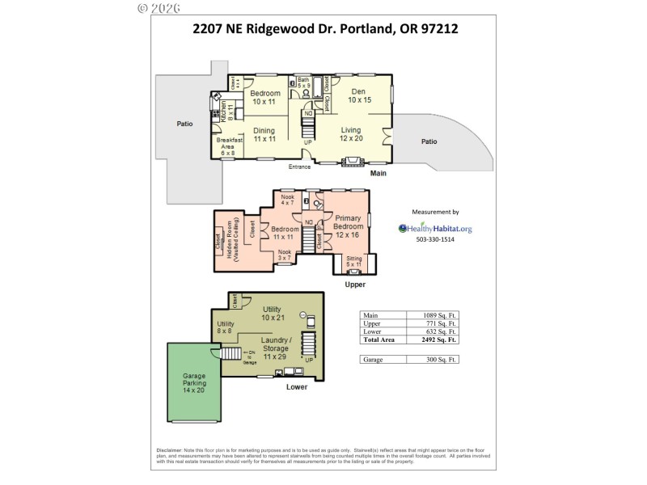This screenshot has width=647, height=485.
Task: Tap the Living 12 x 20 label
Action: click(x=350, y=134)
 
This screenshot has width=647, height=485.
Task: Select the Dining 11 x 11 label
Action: click(x=264, y=134)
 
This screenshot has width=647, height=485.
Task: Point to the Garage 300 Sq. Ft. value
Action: click(x=440, y=358)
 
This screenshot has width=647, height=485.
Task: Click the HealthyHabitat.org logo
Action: click(x=435, y=229)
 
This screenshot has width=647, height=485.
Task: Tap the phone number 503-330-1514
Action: click(x=435, y=240)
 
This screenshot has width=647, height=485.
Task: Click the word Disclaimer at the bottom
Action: click(x=169, y=450)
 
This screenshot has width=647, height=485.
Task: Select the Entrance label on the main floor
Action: click(x=299, y=167)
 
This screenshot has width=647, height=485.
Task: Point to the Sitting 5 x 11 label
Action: click(x=354, y=261)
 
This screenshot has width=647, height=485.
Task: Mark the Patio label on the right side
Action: click(x=429, y=141)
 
